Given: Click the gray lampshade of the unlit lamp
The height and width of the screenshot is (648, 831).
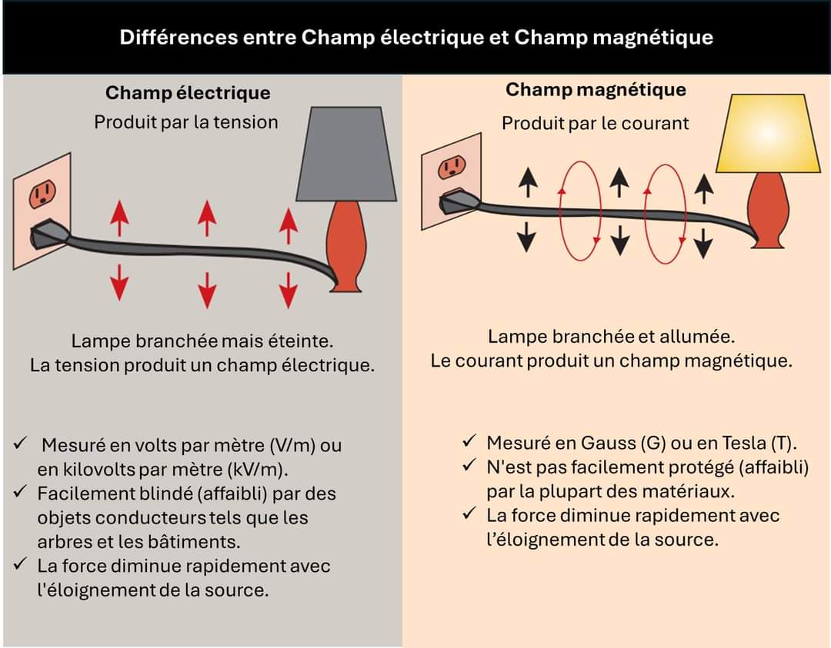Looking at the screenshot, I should pos(339,154).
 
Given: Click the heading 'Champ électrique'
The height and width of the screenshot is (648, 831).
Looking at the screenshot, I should pos(188,93).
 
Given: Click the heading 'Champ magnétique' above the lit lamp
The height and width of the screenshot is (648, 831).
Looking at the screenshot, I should pos(596,90).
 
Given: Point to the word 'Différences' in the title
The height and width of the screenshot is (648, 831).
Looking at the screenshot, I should pos(168,38).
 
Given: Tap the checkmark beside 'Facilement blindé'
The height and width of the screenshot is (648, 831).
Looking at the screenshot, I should pos(21,491).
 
